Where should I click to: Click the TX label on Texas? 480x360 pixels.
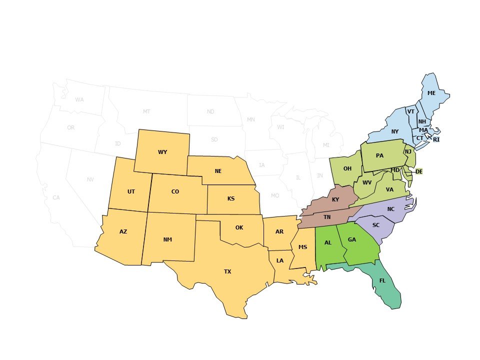pyautogui.click(x=227, y=271)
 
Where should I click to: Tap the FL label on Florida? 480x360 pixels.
pyautogui.click(x=382, y=280)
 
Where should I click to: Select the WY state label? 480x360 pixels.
pyautogui.click(x=162, y=152)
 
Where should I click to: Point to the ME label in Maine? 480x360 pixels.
pyautogui.click(x=431, y=93)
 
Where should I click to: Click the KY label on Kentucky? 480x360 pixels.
pyautogui.click(x=335, y=200)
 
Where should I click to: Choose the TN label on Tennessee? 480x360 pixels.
pyautogui.click(x=327, y=217)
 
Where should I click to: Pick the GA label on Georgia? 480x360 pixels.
pyautogui.click(x=352, y=239)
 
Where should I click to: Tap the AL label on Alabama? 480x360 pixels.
pyautogui.click(x=328, y=242)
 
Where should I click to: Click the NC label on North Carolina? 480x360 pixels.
pyautogui.click(x=391, y=209)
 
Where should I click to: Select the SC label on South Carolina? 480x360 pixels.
pyautogui.click(x=376, y=225)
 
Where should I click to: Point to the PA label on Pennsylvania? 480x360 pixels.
pyautogui.click(x=379, y=155)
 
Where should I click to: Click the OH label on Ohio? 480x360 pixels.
pyautogui.click(x=347, y=168)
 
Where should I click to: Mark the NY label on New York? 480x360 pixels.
pyautogui.click(x=394, y=131)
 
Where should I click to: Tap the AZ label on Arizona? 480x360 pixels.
pyautogui.click(x=123, y=231)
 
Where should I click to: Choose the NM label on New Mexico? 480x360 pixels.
pyautogui.click(x=167, y=239)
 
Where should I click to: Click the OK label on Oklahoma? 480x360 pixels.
pyautogui.click(x=239, y=227)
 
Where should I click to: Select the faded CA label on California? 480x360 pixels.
pyautogui.click(x=56, y=197)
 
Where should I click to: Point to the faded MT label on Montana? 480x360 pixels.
pyautogui.click(x=146, y=111)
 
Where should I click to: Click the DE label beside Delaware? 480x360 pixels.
pyautogui.click(x=419, y=171)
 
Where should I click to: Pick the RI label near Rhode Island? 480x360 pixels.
pyautogui.click(x=436, y=139)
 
